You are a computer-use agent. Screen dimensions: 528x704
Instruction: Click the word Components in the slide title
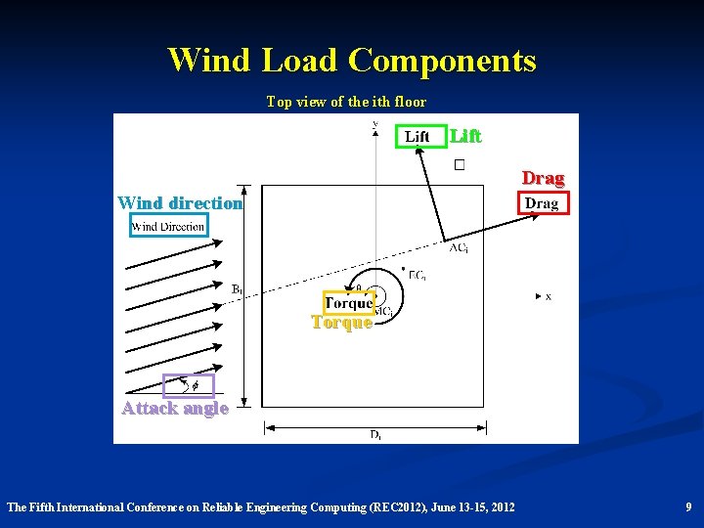tap(442, 61)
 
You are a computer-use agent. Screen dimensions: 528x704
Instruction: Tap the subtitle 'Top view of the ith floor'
tap(346, 102)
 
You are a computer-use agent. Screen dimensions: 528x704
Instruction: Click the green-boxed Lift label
tap(418, 136)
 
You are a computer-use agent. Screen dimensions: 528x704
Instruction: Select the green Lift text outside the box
tap(465, 135)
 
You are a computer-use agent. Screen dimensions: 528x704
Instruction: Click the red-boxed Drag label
tap(542, 203)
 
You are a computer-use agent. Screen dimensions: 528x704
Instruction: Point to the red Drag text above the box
tap(543, 178)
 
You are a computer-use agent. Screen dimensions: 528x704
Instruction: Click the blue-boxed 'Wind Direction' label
tap(168, 227)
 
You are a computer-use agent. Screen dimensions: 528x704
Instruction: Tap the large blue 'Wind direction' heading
tap(179, 203)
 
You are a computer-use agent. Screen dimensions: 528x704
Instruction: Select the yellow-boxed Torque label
tap(348, 303)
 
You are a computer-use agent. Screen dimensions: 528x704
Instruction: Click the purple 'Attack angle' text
tap(175, 408)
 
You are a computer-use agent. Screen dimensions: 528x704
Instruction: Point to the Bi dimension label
tap(237, 289)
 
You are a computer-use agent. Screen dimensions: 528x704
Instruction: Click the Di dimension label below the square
tap(375, 435)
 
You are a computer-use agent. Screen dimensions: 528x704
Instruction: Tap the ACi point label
tap(459, 248)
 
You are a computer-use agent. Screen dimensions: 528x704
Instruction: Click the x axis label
tap(549, 296)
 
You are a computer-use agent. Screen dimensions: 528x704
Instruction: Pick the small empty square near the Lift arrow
tap(459, 165)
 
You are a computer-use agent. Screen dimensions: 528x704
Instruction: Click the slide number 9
tap(688, 506)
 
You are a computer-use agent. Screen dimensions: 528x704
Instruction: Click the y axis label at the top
tap(375, 123)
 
